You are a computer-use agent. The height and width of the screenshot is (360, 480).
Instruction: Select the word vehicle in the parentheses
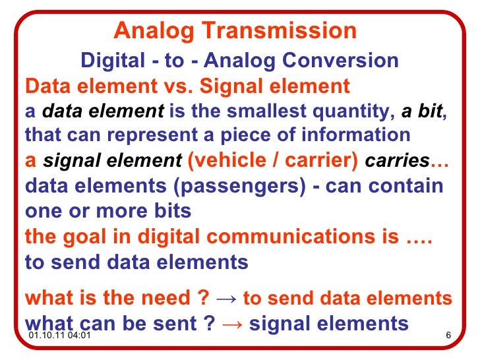(231, 161)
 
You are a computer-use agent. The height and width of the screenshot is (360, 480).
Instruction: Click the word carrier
(323, 161)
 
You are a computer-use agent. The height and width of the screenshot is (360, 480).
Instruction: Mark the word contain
(405, 185)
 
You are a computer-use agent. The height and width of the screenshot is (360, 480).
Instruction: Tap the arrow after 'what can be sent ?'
(234, 324)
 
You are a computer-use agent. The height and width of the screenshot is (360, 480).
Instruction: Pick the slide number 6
(448, 338)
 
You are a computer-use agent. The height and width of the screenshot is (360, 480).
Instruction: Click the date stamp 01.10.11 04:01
(59, 338)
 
